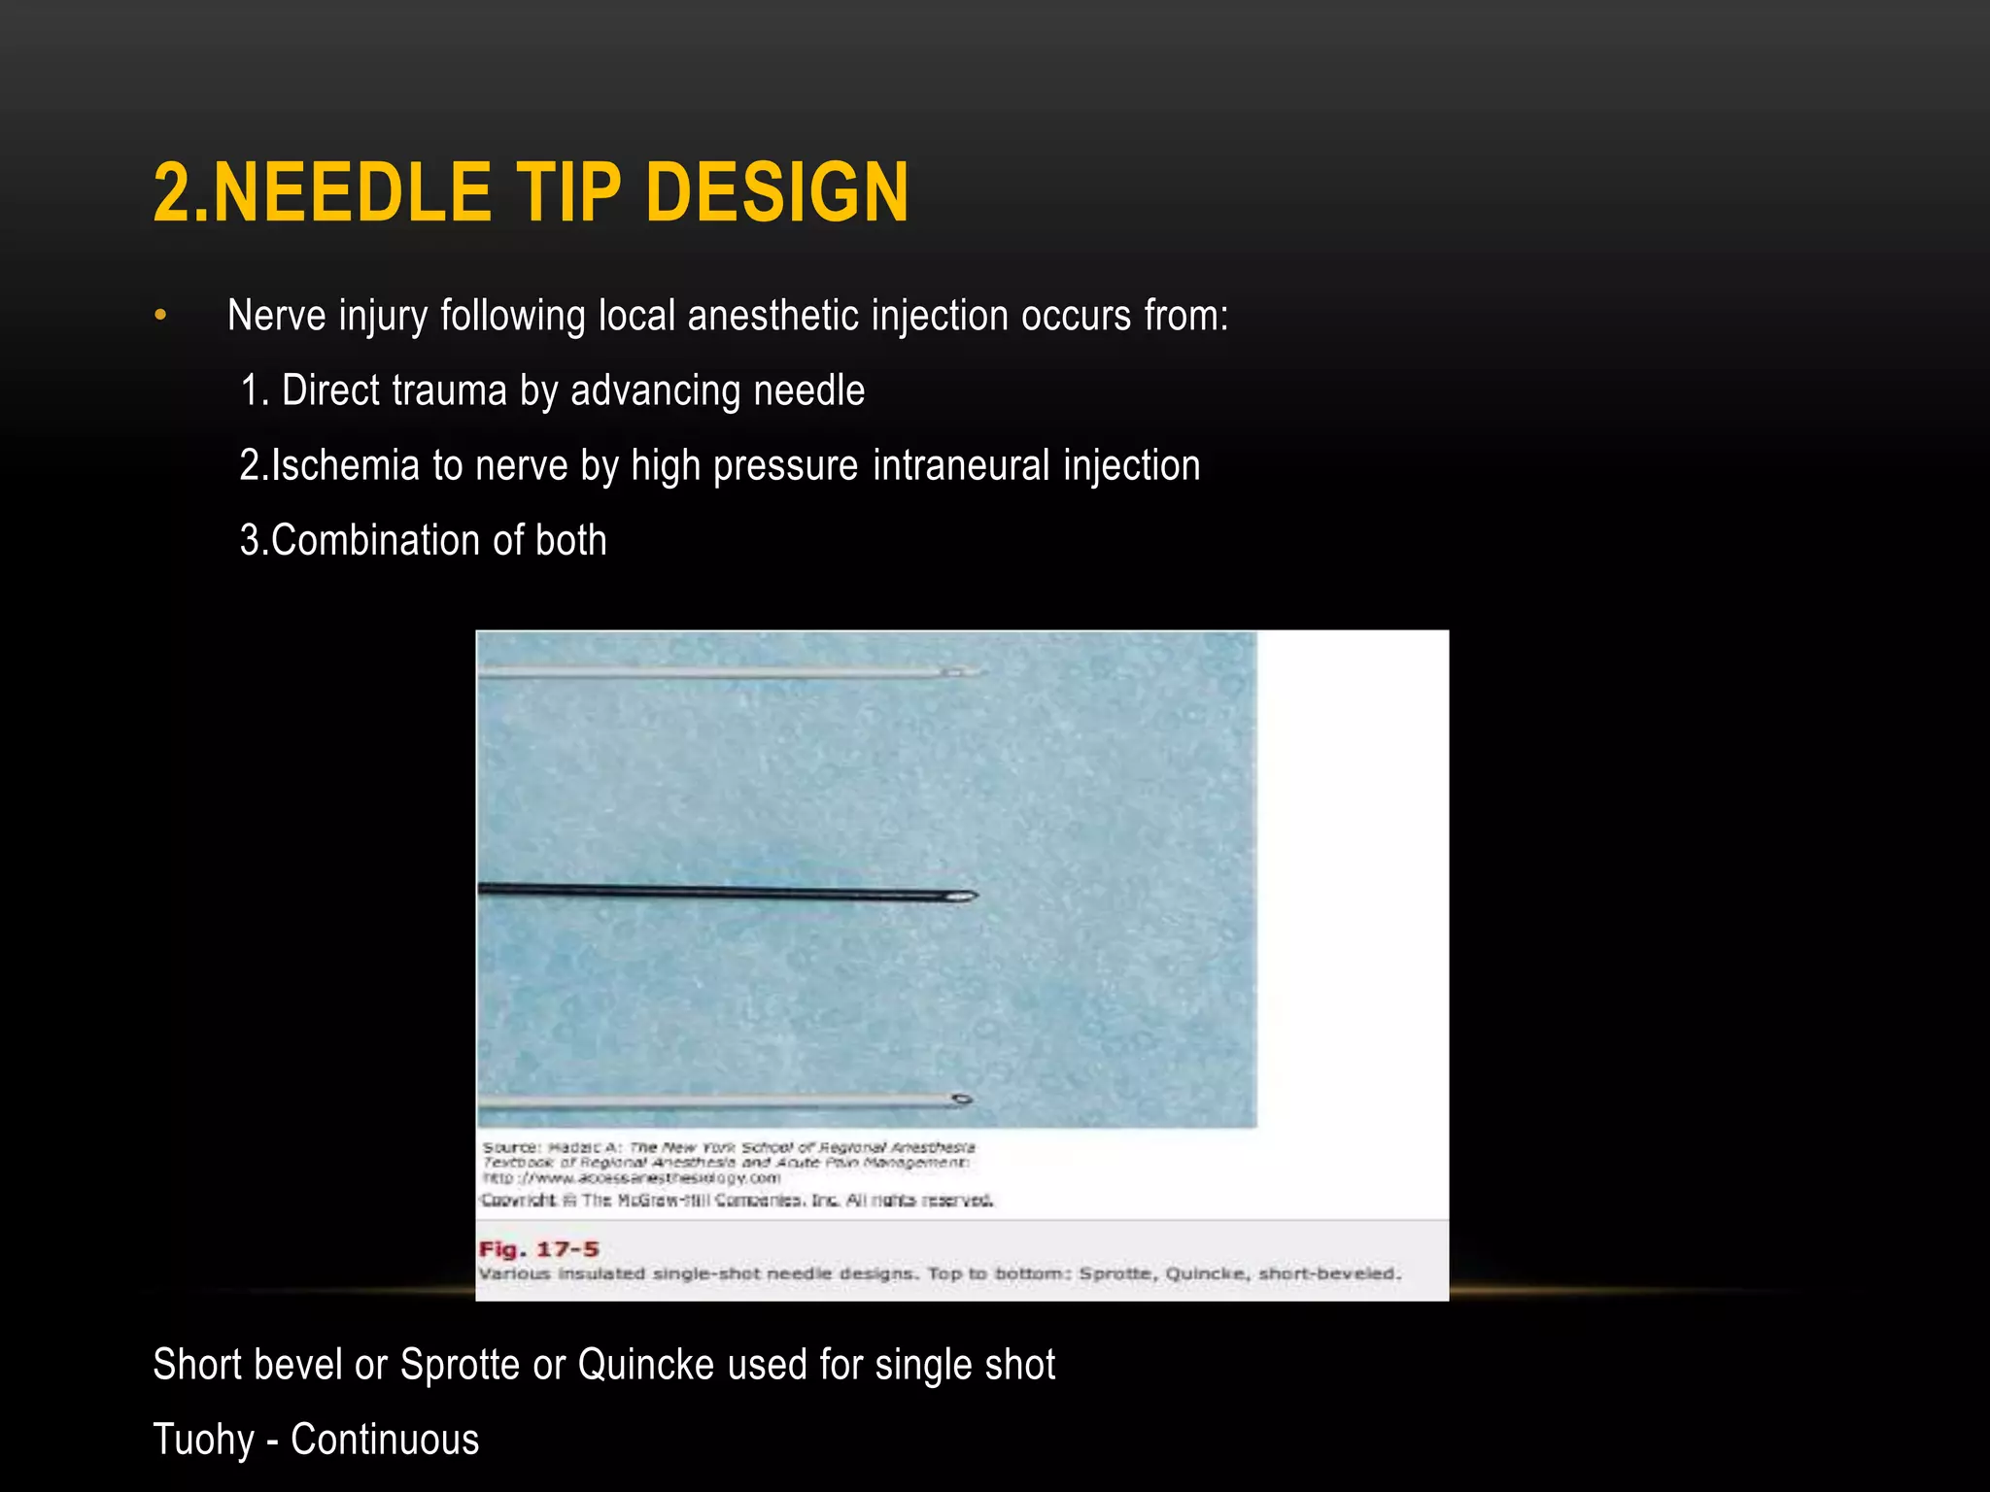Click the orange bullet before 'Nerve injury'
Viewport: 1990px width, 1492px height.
point(160,316)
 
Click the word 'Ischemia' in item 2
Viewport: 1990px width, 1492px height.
point(345,465)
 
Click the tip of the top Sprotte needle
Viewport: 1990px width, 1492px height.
point(976,671)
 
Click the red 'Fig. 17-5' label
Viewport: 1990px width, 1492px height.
point(538,1249)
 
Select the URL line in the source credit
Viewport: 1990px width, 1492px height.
point(632,1178)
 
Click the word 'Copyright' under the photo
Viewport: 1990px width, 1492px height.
point(520,1201)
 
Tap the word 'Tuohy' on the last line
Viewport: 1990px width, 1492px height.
point(203,1440)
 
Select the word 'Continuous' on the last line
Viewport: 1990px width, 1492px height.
point(385,1440)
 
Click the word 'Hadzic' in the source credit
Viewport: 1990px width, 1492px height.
point(578,1148)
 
